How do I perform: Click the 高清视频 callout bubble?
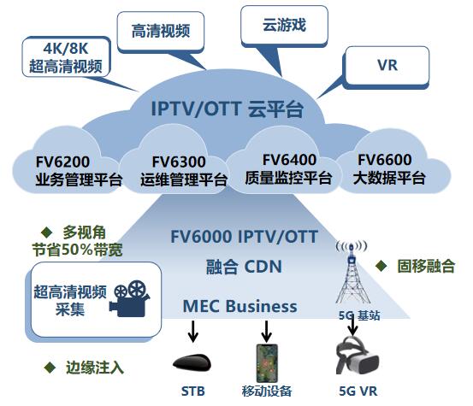(x=161, y=32)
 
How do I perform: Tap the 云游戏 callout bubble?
(x=284, y=26)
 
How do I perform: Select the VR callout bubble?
(x=387, y=67)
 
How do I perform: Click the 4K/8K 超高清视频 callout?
(x=66, y=57)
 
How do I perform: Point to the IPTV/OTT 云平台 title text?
(x=228, y=109)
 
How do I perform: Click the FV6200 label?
(x=62, y=162)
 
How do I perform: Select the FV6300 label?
(x=179, y=162)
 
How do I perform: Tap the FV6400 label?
(x=289, y=160)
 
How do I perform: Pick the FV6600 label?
(x=385, y=160)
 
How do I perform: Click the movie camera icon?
(x=130, y=298)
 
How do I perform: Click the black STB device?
(x=192, y=362)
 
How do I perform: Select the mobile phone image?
(x=267, y=363)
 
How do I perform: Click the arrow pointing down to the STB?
(x=192, y=331)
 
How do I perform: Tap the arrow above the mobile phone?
(x=266, y=331)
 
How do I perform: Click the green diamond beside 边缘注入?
(x=50, y=368)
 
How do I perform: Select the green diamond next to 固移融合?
(x=381, y=266)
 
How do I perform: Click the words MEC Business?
(x=239, y=306)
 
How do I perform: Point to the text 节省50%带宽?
(x=78, y=250)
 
